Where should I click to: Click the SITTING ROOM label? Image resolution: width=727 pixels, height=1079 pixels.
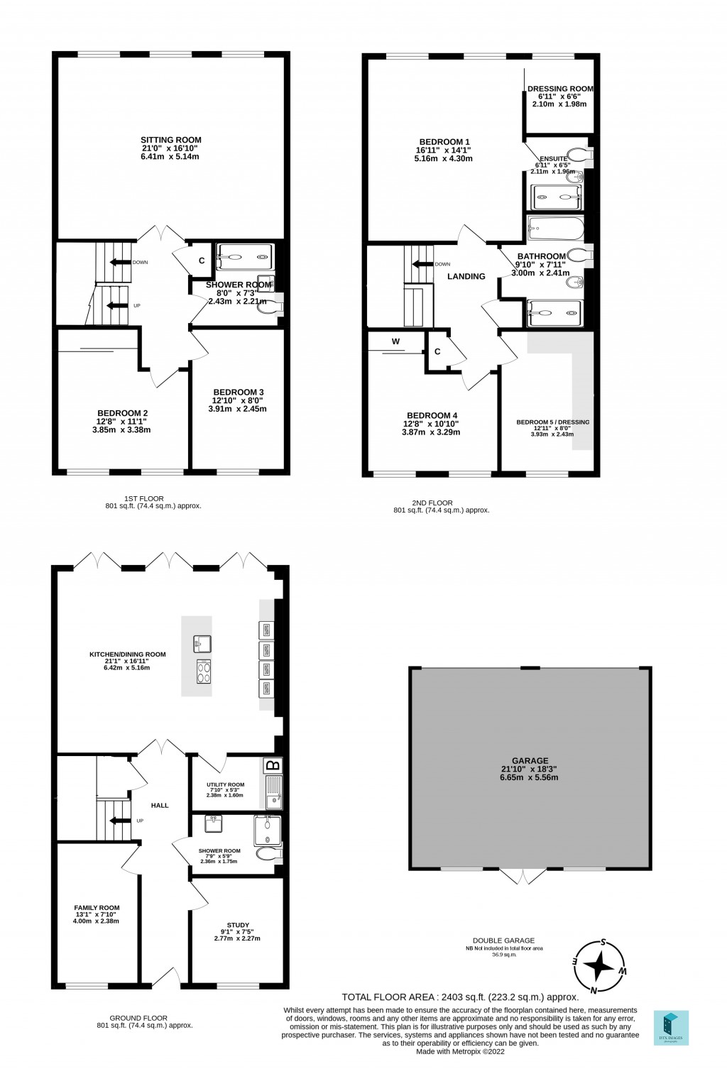point(170,140)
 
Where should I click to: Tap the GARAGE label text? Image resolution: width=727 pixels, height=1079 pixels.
point(529,760)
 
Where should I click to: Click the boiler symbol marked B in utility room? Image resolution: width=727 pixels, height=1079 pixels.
point(272,765)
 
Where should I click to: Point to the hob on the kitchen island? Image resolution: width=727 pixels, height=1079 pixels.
point(203,672)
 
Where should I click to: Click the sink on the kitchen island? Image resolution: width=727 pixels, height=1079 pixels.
point(199,644)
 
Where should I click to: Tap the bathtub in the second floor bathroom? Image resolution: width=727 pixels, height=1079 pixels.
point(555,229)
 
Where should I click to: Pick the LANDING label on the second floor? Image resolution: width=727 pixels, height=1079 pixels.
point(466,276)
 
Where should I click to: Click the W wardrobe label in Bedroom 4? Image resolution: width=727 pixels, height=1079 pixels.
point(395,341)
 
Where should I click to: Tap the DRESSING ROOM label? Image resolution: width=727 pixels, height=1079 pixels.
point(559,89)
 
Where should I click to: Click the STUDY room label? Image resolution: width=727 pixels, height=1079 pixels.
point(238,925)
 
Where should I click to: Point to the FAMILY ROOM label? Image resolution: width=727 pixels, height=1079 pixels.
point(97,907)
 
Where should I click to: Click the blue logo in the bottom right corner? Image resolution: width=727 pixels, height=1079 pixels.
point(670,1027)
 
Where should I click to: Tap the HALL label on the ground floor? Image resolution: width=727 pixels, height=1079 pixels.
point(160,805)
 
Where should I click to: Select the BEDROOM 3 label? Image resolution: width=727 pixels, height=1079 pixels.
point(239,392)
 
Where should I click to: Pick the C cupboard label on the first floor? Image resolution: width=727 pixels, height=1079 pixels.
point(202,261)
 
